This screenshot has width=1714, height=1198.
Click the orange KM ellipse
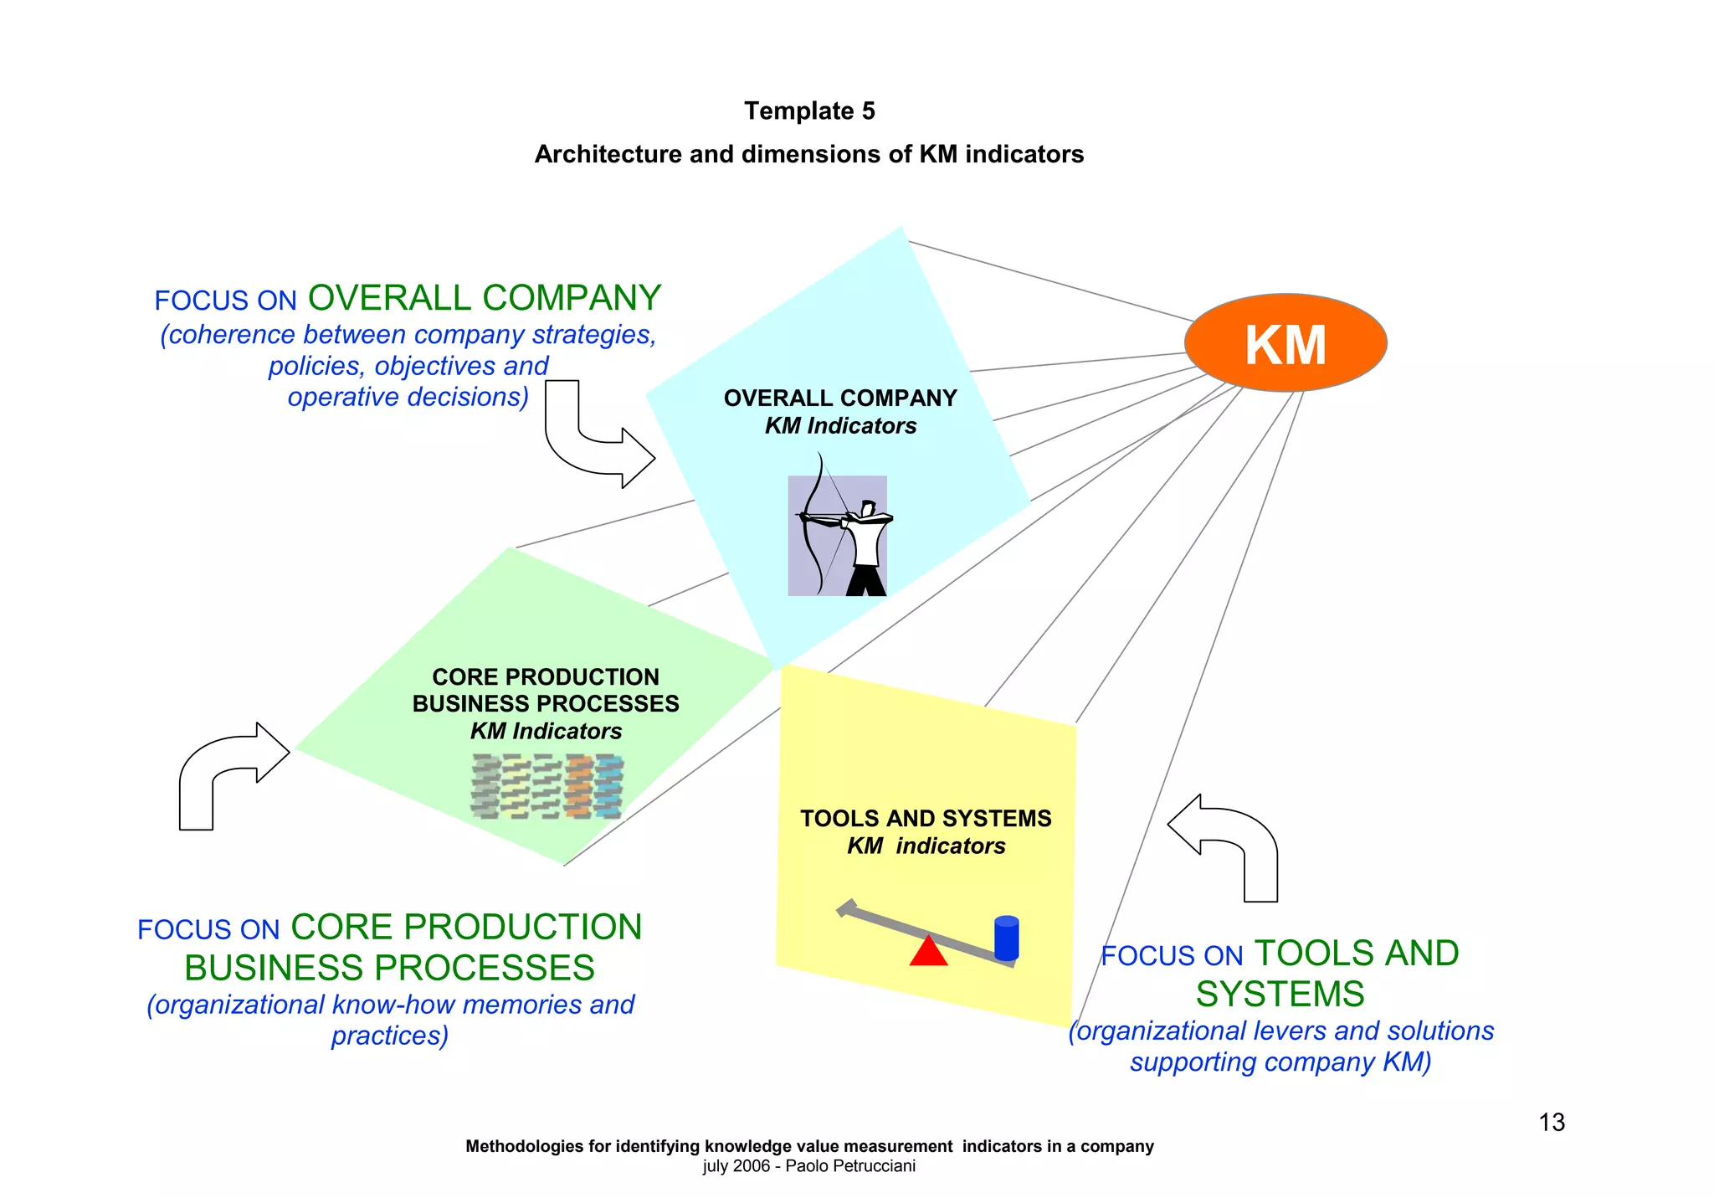[1285, 343]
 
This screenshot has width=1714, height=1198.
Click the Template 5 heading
[809, 111]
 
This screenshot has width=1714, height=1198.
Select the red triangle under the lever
[927, 952]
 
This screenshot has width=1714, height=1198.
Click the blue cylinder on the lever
[1006, 938]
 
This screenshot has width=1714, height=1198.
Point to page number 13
[1552, 1122]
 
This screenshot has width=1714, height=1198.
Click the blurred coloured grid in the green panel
[547, 786]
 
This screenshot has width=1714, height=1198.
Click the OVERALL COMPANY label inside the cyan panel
[839, 398]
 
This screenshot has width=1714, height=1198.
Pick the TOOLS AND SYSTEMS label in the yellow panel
[925, 818]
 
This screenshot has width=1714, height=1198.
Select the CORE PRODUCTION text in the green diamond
[545, 676]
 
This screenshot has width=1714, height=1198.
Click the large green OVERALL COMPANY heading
[485, 298]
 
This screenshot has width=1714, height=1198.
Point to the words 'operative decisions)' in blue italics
[408, 397]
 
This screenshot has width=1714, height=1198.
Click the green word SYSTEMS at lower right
[1280, 994]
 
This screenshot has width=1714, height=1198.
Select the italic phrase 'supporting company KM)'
[1280, 1062]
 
